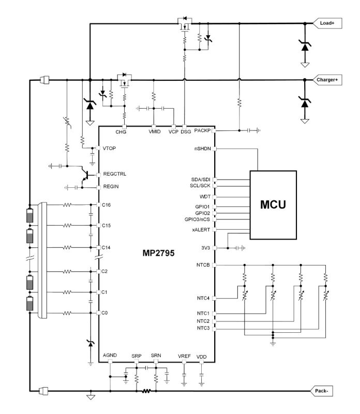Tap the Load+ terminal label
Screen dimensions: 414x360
tap(327, 23)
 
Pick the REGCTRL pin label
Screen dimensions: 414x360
tap(114, 173)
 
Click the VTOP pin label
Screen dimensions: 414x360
tap(110, 149)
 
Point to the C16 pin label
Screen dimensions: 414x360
tap(107, 205)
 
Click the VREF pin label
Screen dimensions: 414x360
tap(185, 357)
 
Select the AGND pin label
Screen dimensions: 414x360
tap(110, 356)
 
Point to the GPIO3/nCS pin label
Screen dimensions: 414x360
tap(197, 219)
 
